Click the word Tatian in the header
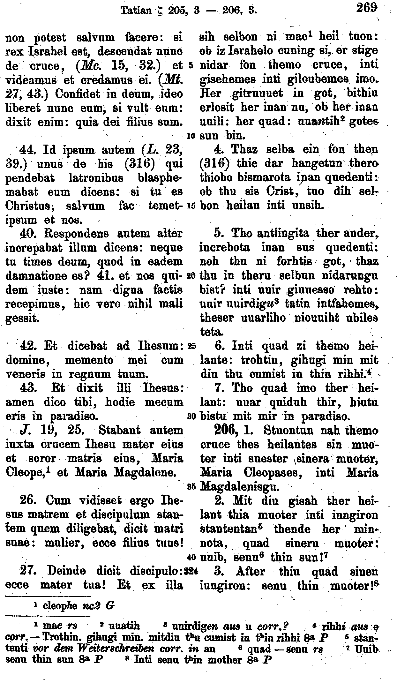136,11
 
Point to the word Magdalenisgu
240,487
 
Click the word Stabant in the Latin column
119,430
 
